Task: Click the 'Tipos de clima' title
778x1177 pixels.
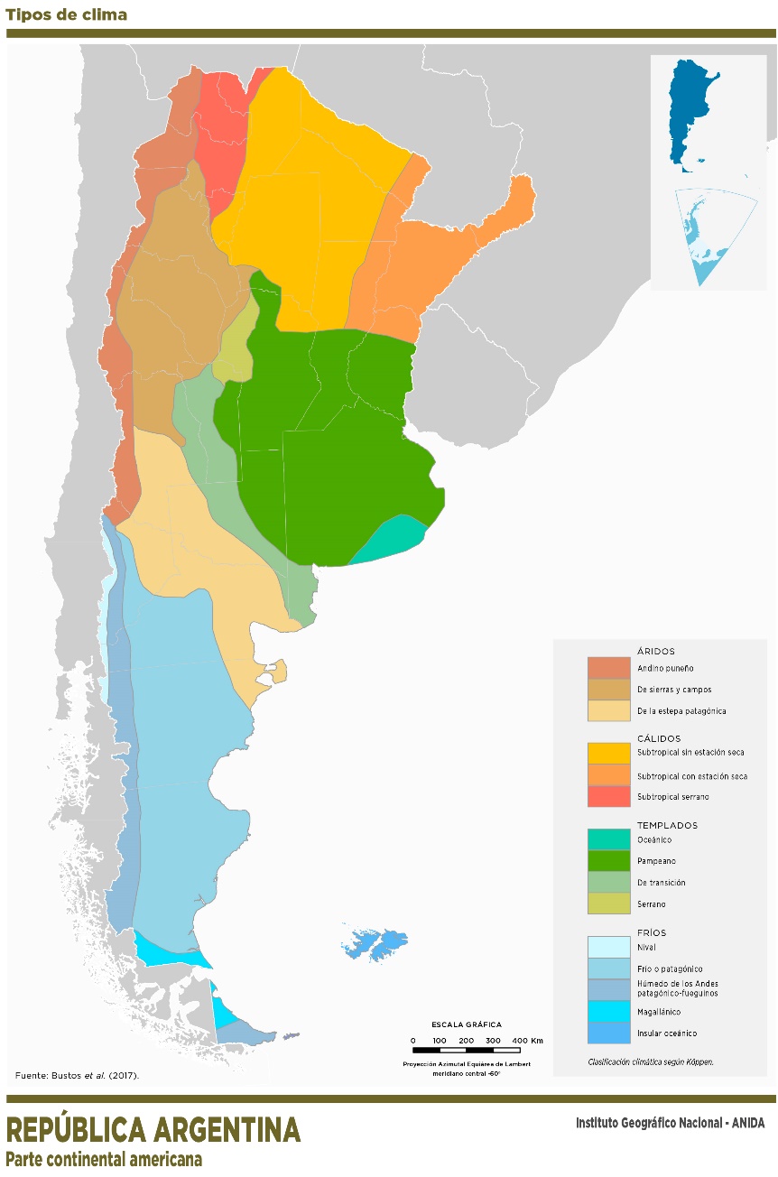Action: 66,14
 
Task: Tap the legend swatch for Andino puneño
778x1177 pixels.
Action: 608,668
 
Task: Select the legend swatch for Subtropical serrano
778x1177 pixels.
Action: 608,797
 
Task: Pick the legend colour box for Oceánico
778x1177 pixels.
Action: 608,839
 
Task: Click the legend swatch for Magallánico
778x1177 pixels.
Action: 608,1012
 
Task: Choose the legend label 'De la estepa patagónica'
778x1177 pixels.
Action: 681,711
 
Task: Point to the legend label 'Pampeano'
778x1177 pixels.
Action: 656,861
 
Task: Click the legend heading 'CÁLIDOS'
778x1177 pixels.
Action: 659,738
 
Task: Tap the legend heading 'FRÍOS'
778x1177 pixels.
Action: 652,932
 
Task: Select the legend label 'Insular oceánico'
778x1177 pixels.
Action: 667,1033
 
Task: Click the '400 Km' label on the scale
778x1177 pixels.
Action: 528,1041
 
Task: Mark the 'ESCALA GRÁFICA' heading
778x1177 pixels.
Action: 467,1024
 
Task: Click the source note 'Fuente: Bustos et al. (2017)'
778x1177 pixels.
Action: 78,1075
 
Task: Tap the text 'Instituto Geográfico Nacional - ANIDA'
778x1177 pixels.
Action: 670,1124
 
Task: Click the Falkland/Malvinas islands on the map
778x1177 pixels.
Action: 377,944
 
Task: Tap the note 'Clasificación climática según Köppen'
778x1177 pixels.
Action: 650,1062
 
